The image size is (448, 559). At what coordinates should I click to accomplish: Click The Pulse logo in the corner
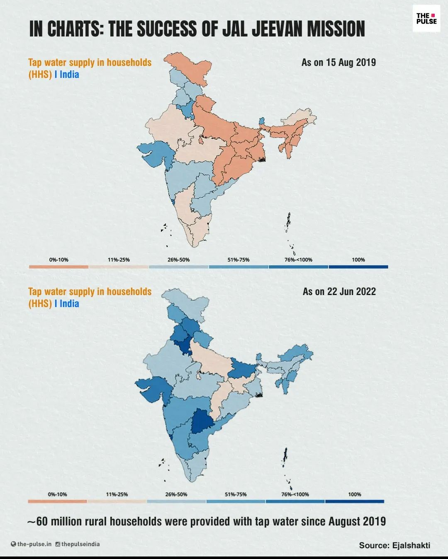[x=426, y=19]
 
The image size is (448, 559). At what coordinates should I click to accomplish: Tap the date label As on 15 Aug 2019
[x=338, y=63]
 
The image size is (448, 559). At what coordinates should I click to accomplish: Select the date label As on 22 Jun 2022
[x=339, y=292]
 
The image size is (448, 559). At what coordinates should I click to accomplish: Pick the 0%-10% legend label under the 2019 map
[x=58, y=260]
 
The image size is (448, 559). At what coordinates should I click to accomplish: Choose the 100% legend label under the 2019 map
[x=358, y=260]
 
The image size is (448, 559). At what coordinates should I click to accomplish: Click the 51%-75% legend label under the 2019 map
[x=238, y=260]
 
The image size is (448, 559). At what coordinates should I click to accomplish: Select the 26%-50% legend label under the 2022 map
[x=176, y=494]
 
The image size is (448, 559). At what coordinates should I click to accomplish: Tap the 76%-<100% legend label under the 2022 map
[x=295, y=494]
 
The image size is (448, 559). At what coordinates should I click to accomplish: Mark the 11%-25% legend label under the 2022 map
[x=117, y=494]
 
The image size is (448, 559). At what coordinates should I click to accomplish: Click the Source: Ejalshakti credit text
[x=394, y=545]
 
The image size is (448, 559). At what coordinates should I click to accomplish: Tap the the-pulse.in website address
[x=34, y=544]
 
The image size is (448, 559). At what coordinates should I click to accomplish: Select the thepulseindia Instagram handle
[x=80, y=544]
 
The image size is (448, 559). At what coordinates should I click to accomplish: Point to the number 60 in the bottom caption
[x=42, y=521]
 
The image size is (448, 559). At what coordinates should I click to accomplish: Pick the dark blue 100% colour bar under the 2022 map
[x=355, y=501]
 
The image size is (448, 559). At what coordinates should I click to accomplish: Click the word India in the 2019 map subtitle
[x=69, y=75]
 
